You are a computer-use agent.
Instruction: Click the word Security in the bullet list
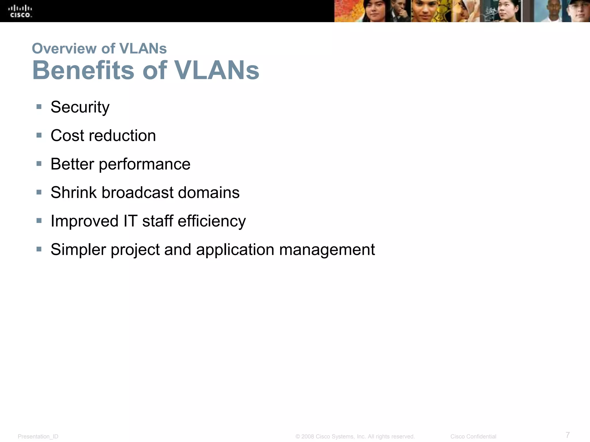pos(80,107)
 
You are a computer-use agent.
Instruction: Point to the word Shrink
pos(74,193)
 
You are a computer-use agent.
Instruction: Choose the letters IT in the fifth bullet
pos(130,221)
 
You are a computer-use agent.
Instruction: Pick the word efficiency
pos(212,221)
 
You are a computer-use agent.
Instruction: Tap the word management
pos(327,250)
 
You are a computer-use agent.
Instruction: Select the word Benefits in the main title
pos(83,70)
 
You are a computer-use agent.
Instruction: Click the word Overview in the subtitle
pos(64,48)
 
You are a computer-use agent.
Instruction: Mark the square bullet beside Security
pos(39,107)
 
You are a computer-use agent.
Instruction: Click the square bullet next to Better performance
pos(39,164)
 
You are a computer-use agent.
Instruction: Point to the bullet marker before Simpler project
pos(39,249)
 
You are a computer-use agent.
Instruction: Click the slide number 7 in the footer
pos(568,435)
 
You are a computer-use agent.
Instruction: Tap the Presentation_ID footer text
pos(38,437)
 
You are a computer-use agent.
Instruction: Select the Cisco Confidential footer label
pos(473,437)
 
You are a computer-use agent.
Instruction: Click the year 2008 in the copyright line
pos(308,437)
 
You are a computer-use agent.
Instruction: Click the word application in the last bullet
pos(235,250)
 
